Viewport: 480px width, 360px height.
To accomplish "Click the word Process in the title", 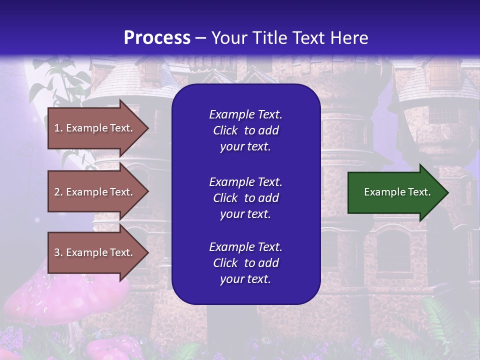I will click(x=157, y=38).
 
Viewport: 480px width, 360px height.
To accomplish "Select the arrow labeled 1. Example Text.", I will click(x=95, y=128).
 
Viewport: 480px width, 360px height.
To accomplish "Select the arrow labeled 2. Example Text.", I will click(x=95, y=192).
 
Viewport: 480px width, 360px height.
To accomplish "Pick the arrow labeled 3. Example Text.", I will click(x=95, y=252).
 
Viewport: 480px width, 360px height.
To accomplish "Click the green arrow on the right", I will click(x=395, y=192).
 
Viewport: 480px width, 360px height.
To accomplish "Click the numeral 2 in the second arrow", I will click(x=57, y=192).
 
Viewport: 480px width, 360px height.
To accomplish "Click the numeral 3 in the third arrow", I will click(x=57, y=252).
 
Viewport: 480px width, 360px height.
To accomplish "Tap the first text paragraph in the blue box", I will click(x=245, y=130).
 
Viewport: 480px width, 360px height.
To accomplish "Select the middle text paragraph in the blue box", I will click(x=245, y=198).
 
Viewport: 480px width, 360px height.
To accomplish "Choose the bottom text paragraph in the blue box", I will click(x=245, y=263).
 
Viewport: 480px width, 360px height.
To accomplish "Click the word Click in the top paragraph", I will click(x=225, y=130).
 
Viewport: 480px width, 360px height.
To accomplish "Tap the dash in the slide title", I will click(x=200, y=38).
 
